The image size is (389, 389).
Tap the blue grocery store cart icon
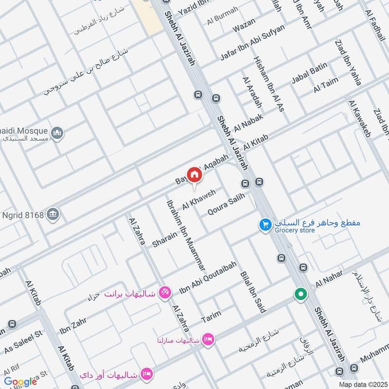(x=265, y=225)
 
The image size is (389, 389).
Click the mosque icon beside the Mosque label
(x=57, y=132)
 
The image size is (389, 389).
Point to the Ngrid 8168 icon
(x=53, y=213)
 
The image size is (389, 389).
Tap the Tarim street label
(x=210, y=317)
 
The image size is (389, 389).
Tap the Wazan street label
(x=244, y=26)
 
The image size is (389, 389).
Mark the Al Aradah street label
(x=252, y=92)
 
